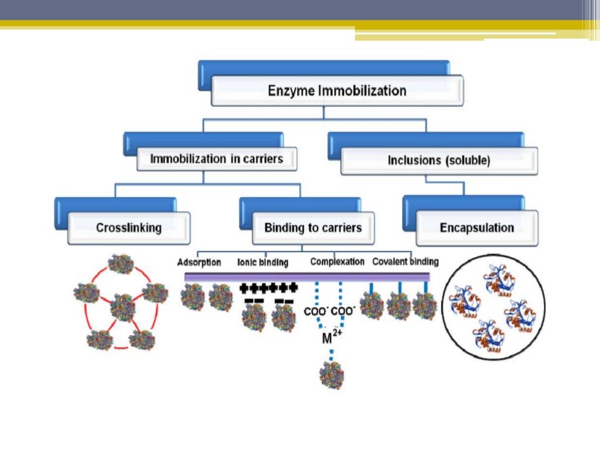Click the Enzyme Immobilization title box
337,91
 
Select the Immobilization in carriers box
216,159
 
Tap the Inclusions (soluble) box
439,161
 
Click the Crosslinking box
129,228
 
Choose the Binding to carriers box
313,228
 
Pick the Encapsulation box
476,228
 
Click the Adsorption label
199,262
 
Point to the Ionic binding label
262,262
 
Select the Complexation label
337,262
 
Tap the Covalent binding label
405,262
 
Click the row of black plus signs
269,287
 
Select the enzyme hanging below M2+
332,376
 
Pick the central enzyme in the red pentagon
123,307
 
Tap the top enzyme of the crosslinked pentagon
121,264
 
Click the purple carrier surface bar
307,277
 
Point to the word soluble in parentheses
469,161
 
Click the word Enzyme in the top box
291,91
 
